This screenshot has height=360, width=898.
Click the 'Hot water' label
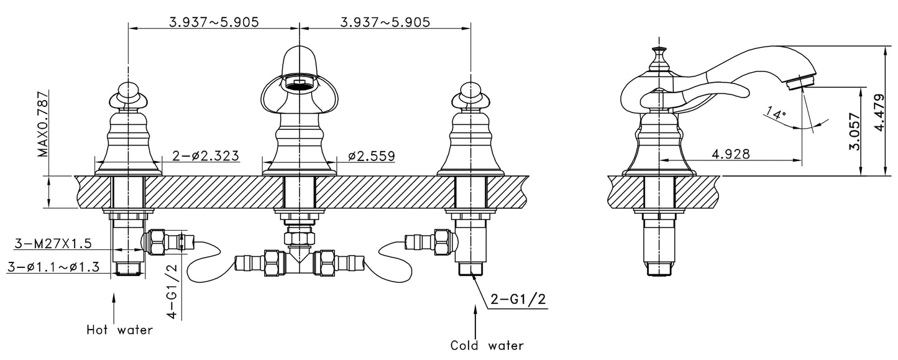pos(119,330)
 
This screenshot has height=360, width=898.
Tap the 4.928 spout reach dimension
pos(730,153)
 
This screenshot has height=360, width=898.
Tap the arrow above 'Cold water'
pos(475,323)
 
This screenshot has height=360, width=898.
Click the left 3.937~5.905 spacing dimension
pos(213,22)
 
